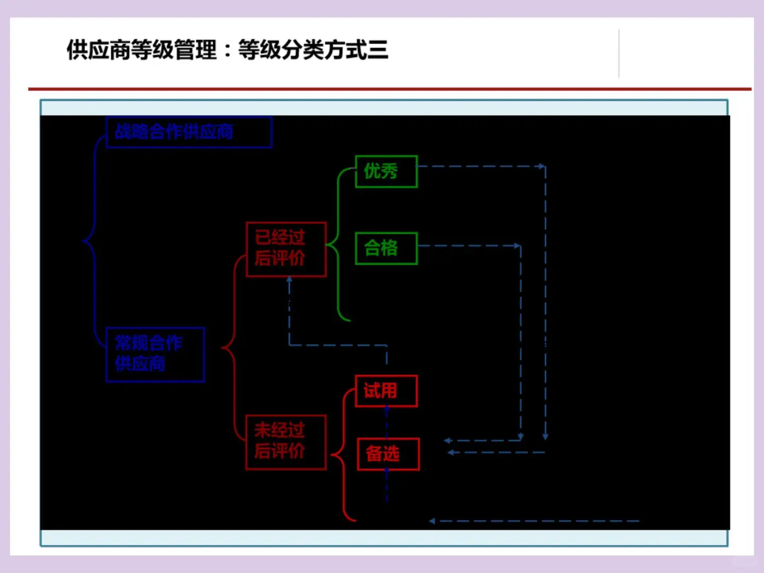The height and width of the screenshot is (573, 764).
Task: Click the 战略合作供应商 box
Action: point(189,132)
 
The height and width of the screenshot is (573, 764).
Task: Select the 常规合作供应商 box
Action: point(155,354)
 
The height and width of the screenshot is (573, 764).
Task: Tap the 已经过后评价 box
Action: point(286,249)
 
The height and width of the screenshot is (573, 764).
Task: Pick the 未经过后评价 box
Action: point(286,442)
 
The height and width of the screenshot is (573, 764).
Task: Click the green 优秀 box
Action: point(386,171)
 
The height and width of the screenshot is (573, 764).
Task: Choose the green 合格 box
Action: point(386,248)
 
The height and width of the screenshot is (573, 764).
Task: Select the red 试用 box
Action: point(386,391)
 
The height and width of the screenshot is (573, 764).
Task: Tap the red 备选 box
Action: point(388,454)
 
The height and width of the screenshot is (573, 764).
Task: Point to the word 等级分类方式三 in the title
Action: point(313,50)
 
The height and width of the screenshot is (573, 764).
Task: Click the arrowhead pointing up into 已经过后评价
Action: point(289,280)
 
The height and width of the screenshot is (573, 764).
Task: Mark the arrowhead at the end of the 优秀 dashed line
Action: point(542,167)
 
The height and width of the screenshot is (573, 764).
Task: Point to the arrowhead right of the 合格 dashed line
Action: point(517,246)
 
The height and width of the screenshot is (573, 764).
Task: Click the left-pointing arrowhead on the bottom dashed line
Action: point(432,521)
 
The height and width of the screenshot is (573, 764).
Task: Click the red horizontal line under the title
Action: point(389,89)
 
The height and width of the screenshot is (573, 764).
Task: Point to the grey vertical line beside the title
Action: point(619,53)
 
